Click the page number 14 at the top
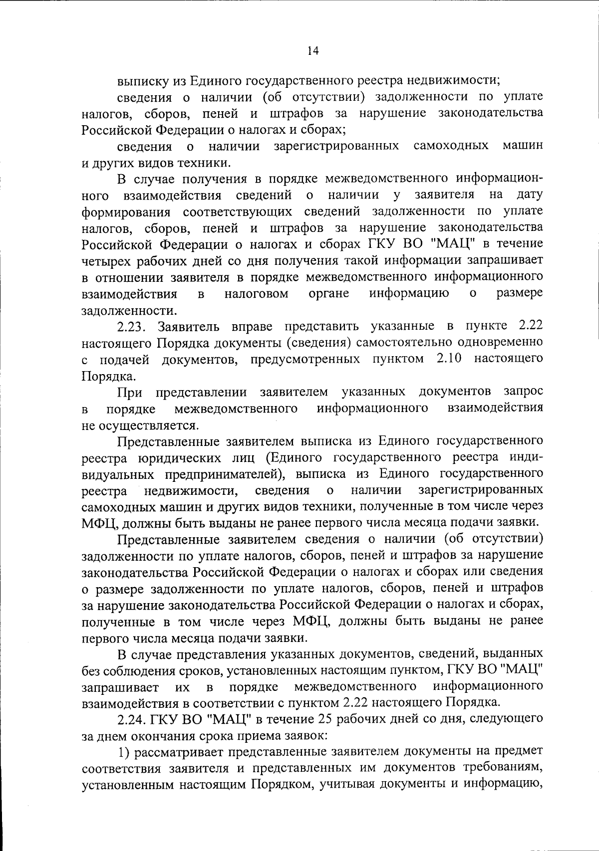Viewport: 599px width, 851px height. [313, 50]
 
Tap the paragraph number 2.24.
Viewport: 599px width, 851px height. [131, 719]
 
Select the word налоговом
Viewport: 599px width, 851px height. [257, 293]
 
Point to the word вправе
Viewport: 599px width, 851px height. [252, 326]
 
